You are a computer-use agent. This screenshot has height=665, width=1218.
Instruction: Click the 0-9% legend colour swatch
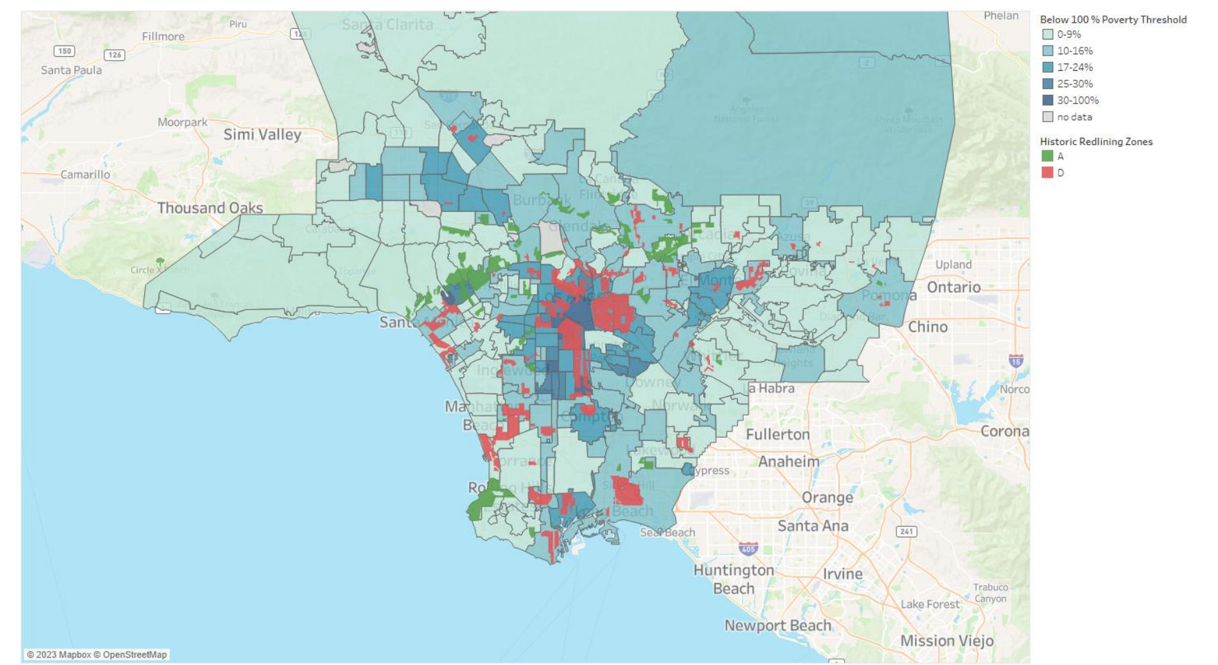click(x=1047, y=35)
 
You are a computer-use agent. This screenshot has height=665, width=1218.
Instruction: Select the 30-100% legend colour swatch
click(x=1047, y=100)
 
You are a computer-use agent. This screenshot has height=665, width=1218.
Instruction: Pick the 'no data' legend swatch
click(x=1047, y=117)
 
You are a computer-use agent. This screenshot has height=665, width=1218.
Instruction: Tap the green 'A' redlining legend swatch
click(x=1047, y=156)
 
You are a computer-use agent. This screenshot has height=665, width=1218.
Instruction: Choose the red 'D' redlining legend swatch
click(x=1047, y=172)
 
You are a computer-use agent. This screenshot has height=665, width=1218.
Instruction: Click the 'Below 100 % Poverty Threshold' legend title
click(x=1112, y=19)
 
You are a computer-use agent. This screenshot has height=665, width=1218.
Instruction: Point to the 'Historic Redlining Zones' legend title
click(x=1096, y=142)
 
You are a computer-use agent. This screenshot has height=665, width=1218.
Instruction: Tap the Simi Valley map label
click(x=262, y=134)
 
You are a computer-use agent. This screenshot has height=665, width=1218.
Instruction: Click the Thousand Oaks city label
click(x=210, y=208)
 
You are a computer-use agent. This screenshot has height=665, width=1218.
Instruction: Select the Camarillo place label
click(x=85, y=174)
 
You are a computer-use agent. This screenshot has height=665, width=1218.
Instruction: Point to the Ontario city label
click(x=954, y=287)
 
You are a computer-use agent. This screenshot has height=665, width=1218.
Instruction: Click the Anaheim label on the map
click(x=789, y=461)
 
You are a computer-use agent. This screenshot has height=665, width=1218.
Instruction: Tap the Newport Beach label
click(x=778, y=626)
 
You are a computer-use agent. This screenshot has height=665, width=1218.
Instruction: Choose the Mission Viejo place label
click(x=946, y=640)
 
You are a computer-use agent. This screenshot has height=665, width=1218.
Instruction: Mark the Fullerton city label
click(x=777, y=434)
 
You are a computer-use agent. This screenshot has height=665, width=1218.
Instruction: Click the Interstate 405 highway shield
click(x=748, y=549)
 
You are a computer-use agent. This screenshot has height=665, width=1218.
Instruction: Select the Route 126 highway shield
click(x=115, y=55)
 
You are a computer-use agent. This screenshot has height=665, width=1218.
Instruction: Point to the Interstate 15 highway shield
click(x=1016, y=361)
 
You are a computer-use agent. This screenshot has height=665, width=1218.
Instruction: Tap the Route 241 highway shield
click(x=906, y=531)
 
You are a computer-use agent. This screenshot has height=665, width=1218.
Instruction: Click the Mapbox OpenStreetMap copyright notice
click(x=97, y=654)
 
